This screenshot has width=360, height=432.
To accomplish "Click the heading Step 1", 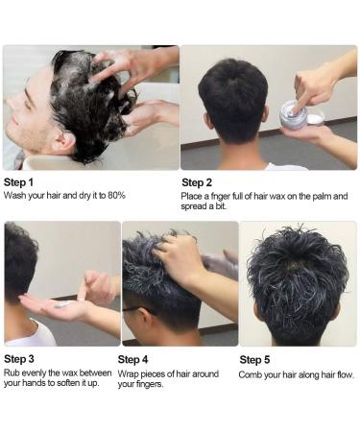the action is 18,182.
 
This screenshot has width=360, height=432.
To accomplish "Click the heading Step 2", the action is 197,182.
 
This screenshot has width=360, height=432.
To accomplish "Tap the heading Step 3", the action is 19,359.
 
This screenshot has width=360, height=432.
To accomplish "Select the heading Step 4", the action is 132,360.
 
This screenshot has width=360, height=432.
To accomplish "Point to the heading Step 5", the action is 254,360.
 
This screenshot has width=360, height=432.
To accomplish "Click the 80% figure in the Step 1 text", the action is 116,195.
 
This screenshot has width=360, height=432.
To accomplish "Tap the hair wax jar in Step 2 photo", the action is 294,114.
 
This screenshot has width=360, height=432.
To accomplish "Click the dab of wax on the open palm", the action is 63,304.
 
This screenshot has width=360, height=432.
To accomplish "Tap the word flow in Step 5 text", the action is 346,374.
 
